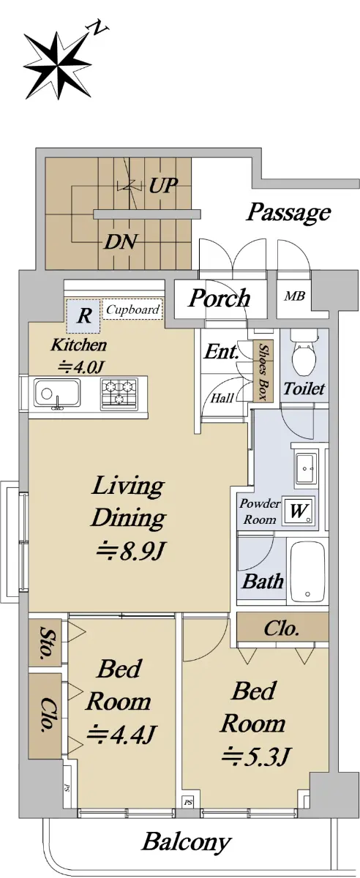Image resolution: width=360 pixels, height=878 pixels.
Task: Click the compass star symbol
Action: (58, 65)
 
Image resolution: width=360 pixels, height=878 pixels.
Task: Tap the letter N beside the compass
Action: (100, 29)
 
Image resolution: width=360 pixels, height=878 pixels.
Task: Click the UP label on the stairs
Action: (162, 185)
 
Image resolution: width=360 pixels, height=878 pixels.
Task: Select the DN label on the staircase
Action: (121, 242)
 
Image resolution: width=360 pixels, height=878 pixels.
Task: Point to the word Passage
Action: (288, 213)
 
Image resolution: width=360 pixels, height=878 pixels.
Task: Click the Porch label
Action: (220, 299)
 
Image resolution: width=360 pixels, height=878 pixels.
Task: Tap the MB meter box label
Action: (295, 296)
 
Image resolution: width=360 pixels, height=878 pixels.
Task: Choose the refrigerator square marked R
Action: (83, 315)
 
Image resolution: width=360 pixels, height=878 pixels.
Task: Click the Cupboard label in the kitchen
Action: (133, 309)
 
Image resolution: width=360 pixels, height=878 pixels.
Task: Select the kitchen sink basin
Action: (57, 393)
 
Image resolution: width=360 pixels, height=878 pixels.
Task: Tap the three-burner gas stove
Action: (119, 393)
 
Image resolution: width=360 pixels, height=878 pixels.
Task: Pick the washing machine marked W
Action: (299, 511)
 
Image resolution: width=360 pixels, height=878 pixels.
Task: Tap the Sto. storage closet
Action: (45, 641)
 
